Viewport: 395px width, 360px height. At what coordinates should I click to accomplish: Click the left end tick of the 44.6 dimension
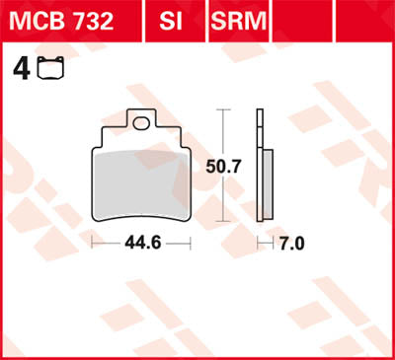(93, 243)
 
